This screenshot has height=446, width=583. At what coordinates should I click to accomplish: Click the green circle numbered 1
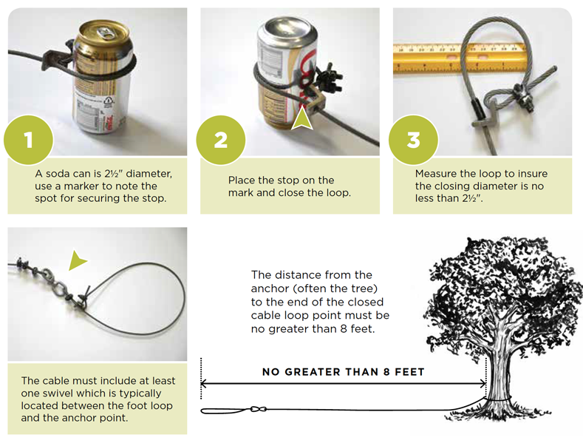point(29,140)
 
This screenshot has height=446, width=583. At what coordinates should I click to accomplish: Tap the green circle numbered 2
point(221,140)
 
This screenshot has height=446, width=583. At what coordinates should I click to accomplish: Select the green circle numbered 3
point(414,140)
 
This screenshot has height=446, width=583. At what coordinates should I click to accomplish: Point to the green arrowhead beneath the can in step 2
point(302,118)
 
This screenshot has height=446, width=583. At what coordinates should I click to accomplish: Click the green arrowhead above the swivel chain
point(77,260)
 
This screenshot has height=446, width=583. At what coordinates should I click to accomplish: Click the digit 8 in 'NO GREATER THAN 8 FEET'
point(386,372)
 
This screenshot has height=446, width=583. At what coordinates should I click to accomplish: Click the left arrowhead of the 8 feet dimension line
point(203,383)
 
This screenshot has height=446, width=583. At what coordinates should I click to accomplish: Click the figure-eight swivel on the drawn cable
point(259,409)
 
